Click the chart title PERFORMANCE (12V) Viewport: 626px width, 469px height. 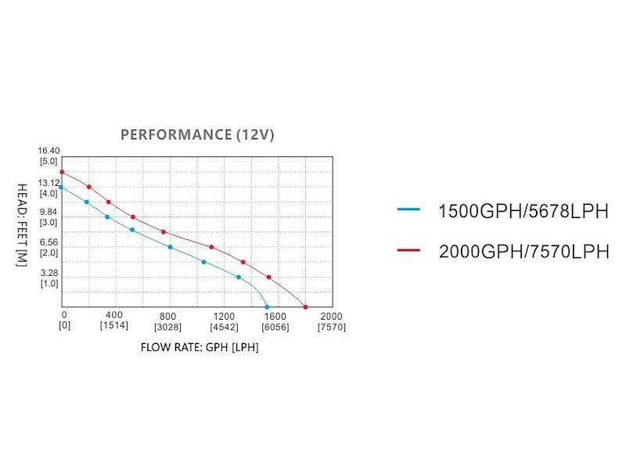coord(197,134)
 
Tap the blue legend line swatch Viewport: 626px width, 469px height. coord(409,209)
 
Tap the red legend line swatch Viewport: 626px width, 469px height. coord(409,249)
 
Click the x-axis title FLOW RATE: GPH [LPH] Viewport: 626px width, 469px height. coord(200,346)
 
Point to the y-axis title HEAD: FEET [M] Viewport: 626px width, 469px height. coord(23,226)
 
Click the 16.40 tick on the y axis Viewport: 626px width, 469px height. coord(49,151)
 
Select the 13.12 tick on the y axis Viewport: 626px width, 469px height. coord(49,183)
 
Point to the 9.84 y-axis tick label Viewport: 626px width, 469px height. coord(49,212)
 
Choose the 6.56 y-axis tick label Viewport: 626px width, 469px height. coord(49,243)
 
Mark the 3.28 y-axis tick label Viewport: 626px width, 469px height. coord(49,274)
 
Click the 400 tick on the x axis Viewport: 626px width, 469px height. coord(114,316)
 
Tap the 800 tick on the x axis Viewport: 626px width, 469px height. coord(168,316)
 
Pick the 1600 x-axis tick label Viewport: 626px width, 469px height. coord(275,316)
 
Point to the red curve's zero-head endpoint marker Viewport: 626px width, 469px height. coord(305,307)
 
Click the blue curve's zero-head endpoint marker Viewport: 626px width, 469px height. coord(268,307)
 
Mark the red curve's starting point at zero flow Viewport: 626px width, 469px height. coord(61,172)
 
